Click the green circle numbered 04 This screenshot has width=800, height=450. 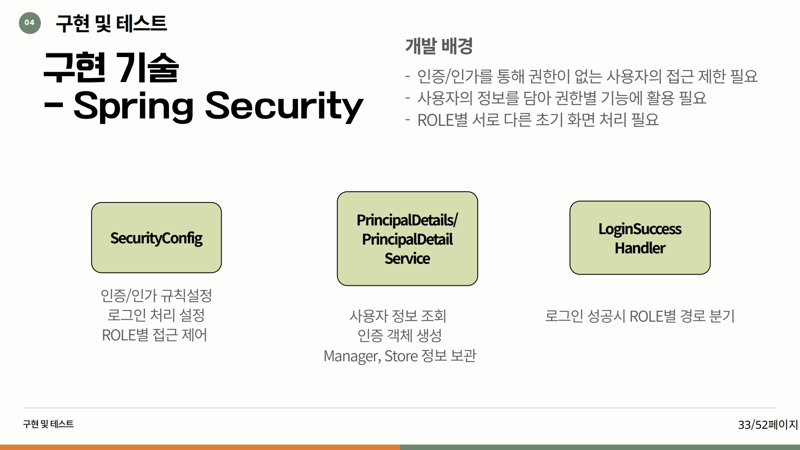click(x=30, y=22)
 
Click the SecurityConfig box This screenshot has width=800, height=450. click(x=156, y=237)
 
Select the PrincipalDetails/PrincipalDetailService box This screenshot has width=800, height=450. click(x=407, y=238)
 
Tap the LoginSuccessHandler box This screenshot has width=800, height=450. click(x=640, y=237)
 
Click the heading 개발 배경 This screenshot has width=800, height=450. click(x=439, y=46)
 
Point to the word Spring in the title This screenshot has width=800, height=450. click(x=133, y=106)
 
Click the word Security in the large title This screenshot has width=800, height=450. click(x=284, y=106)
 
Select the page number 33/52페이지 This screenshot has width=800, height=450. click(x=767, y=425)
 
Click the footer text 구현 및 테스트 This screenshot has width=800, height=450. click(x=48, y=424)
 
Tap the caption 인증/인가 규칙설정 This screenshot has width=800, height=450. click(x=156, y=295)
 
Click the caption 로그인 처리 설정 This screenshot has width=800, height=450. click(x=156, y=315)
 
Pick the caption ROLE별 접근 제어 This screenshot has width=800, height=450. click(x=155, y=335)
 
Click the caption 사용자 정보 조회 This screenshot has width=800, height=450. click(x=398, y=316)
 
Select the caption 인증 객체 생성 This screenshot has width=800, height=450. click(x=400, y=335)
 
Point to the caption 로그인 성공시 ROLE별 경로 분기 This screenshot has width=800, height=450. click(x=640, y=316)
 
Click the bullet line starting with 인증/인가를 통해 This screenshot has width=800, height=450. click(x=582, y=76)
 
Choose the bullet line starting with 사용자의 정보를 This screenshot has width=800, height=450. click(x=556, y=98)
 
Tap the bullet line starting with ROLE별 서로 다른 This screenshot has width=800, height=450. click(x=532, y=120)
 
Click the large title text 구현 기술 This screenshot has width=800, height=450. click(x=111, y=67)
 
